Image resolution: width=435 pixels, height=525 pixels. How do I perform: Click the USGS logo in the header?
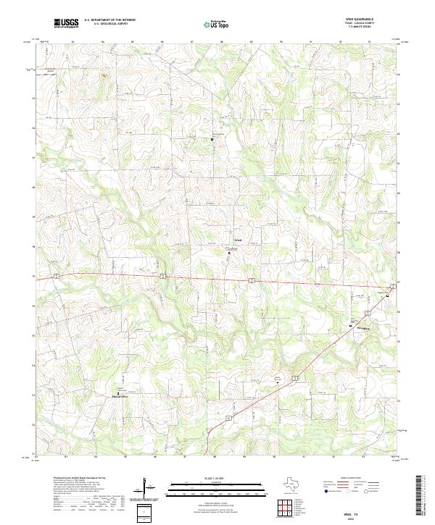click(66, 23)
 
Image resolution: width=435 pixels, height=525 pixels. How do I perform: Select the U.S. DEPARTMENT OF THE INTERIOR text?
click(109, 20)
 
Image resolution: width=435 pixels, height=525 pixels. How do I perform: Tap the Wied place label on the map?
click(237, 240)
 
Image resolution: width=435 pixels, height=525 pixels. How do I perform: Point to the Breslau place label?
click(362, 327)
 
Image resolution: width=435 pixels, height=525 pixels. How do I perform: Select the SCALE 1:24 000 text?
click(217, 479)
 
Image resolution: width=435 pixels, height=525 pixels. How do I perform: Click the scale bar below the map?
click(217, 487)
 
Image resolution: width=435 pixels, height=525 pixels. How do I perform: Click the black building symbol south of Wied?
click(230, 253)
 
